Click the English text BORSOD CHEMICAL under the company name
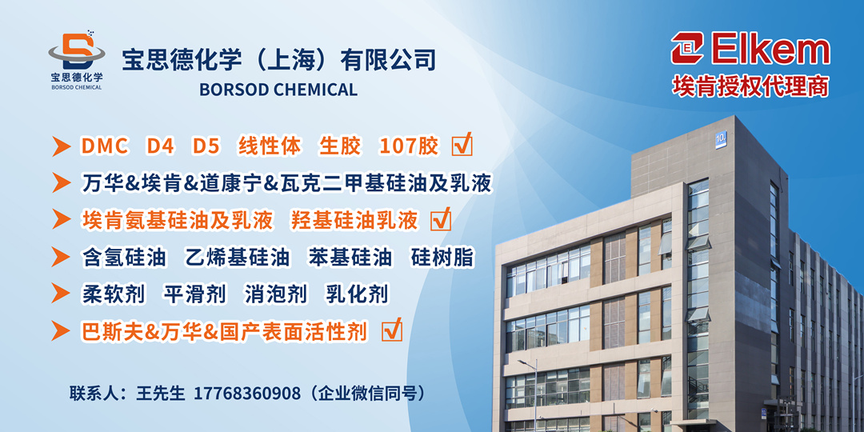point(278,90)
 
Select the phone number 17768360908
point(247,394)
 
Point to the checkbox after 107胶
point(462,145)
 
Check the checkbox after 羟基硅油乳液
point(441,219)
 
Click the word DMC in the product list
point(105,146)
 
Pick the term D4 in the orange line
point(160,146)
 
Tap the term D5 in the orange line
point(206,146)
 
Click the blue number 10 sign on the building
point(721,139)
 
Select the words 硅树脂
point(442,258)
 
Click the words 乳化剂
point(357,294)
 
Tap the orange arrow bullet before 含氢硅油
point(61,258)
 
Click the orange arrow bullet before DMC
point(61,146)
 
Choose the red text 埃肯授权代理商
point(750,86)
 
